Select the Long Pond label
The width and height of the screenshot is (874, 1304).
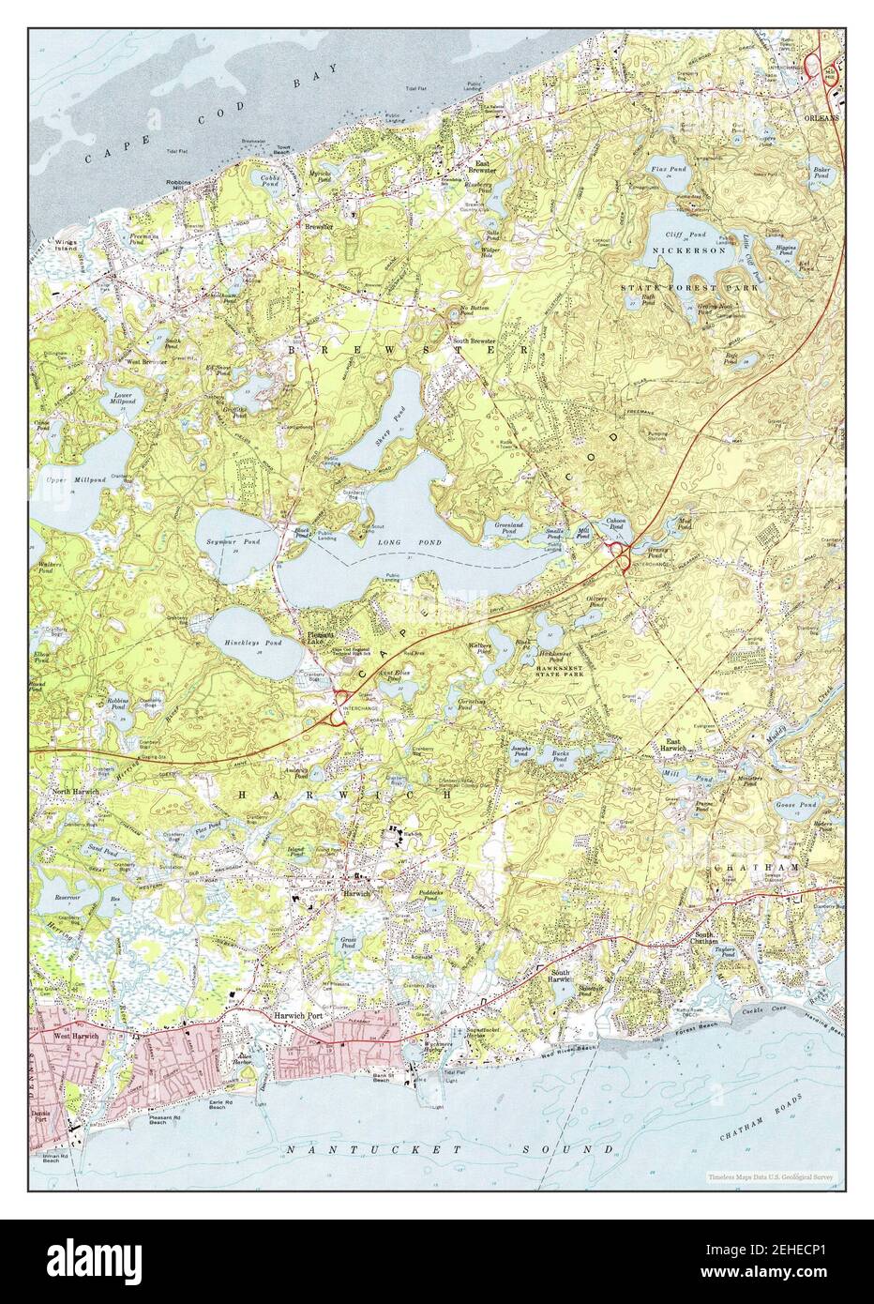click(397, 542)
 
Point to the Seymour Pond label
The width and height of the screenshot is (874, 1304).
click(228, 542)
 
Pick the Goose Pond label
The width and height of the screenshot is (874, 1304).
click(796, 805)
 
